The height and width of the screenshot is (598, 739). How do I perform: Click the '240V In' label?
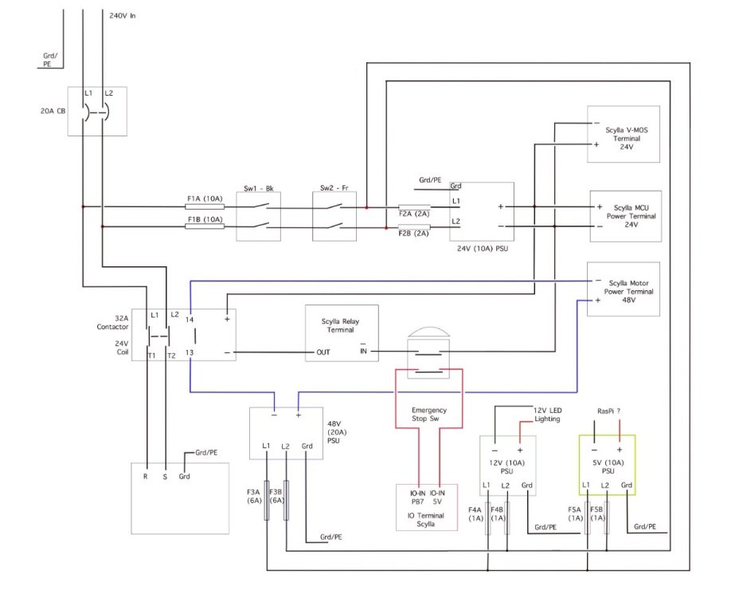123,16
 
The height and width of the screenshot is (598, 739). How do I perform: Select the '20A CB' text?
53,112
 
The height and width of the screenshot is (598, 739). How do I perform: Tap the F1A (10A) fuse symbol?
205,207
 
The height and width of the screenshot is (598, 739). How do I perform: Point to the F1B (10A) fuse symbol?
205,226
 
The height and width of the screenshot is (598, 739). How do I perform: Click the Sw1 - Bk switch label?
258,189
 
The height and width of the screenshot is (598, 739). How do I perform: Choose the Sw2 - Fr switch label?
334,188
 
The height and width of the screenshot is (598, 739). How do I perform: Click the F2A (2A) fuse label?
414,214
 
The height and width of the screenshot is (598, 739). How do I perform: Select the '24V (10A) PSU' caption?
483,249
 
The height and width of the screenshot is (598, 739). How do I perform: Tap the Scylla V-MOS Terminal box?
623,134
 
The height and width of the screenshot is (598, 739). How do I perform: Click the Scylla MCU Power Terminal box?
626,216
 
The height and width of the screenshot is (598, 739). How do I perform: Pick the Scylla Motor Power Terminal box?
623,289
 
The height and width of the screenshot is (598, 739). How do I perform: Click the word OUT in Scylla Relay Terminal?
323,352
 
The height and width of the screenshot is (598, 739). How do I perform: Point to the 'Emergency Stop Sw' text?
429,415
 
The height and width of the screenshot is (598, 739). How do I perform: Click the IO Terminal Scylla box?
427,507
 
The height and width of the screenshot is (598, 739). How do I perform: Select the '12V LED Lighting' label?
548,415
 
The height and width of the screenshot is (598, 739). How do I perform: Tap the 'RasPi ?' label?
608,411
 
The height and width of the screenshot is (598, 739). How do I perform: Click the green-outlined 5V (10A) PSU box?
607,465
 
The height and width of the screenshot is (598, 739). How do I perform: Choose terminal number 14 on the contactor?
189,320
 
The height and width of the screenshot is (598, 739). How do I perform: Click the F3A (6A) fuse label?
254,496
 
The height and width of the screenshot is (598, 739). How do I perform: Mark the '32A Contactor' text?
113,323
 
